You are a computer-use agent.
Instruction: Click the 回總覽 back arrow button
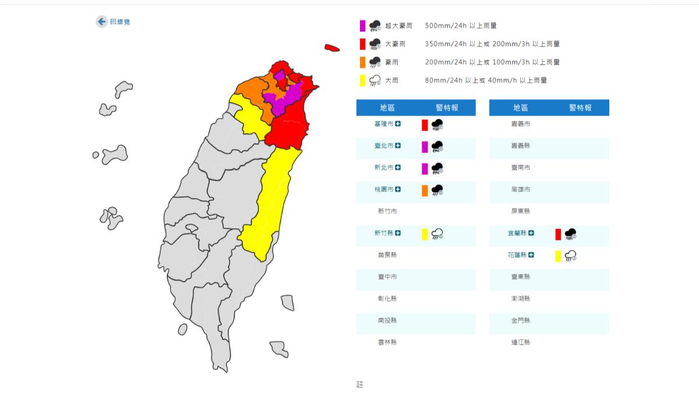point(101,22)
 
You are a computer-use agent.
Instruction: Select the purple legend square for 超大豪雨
point(362,26)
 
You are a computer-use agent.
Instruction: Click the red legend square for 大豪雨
point(362,44)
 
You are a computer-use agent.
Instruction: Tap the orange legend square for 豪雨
point(362,62)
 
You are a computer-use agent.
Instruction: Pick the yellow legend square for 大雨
point(362,80)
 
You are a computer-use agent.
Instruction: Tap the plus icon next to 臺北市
point(398,146)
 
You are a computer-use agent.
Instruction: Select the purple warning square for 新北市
point(425,168)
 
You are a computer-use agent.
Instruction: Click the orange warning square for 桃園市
point(425,190)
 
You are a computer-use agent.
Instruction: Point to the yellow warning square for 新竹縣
point(425,234)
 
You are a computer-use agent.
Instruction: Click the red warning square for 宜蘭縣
point(558,234)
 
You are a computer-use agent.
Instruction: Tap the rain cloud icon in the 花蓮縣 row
point(571,255)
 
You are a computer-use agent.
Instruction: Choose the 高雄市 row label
point(521,190)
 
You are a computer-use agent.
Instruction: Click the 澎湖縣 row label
point(521,299)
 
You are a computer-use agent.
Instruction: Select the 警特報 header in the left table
point(447,108)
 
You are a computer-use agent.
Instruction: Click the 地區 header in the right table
point(521,108)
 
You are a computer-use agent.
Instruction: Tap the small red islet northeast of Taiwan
point(332,48)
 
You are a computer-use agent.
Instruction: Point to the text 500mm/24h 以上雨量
point(461,26)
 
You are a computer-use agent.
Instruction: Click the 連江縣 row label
point(521,342)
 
